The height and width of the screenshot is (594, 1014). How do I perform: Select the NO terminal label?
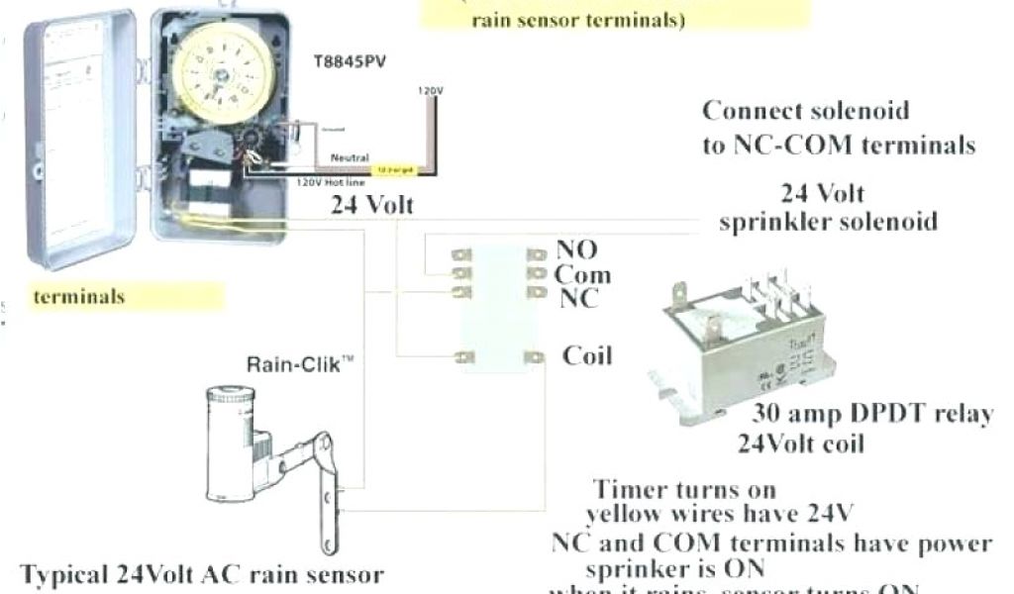point(576,251)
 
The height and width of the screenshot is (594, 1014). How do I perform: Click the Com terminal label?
point(581,274)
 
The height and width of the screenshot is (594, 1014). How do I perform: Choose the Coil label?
point(587,355)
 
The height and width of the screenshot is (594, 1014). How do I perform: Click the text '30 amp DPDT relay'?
point(871,414)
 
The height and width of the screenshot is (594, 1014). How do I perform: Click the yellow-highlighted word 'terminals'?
point(79,296)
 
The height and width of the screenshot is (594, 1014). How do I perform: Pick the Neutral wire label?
point(350,158)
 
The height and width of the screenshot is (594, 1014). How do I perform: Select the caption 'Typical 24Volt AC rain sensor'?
point(201,575)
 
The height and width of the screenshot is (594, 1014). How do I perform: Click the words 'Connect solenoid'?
point(804,110)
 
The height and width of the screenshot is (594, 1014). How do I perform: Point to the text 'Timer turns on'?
point(684,489)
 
